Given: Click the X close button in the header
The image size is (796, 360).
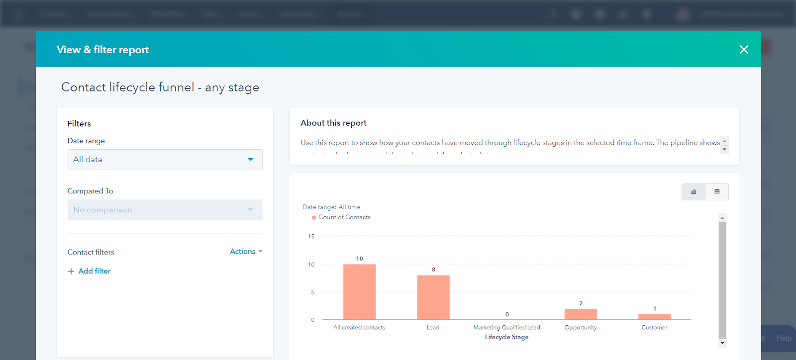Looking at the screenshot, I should click(744, 50).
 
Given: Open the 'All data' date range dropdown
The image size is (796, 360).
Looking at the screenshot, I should click(165, 160).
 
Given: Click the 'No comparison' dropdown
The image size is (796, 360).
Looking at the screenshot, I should click(165, 210).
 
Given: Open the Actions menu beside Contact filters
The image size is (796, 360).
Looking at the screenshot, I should click(246, 252).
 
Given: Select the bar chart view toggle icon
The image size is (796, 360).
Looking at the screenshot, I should click(694, 192).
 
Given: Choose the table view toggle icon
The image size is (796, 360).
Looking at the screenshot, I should click(717, 192).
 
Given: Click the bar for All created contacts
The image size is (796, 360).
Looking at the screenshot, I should click(359, 292).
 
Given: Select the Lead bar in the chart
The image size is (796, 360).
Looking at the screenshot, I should click(433, 297).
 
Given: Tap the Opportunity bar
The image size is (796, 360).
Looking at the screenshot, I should click(581, 314).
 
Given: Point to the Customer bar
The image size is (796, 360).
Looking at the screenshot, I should click(654, 317).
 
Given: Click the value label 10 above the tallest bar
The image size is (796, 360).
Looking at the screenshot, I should click(359, 259).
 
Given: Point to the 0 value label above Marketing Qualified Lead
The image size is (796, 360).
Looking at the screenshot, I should click(507, 314).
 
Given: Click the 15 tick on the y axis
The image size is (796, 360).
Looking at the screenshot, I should click(311, 237).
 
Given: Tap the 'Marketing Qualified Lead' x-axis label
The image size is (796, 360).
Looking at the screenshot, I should click(506, 327).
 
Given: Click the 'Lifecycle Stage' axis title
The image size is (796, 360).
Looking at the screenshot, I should click(506, 337).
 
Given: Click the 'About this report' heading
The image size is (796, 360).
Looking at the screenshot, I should click(333, 123).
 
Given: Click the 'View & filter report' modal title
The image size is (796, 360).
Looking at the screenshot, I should click(102, 50).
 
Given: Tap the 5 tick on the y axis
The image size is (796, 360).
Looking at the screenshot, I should click(312, 292).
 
